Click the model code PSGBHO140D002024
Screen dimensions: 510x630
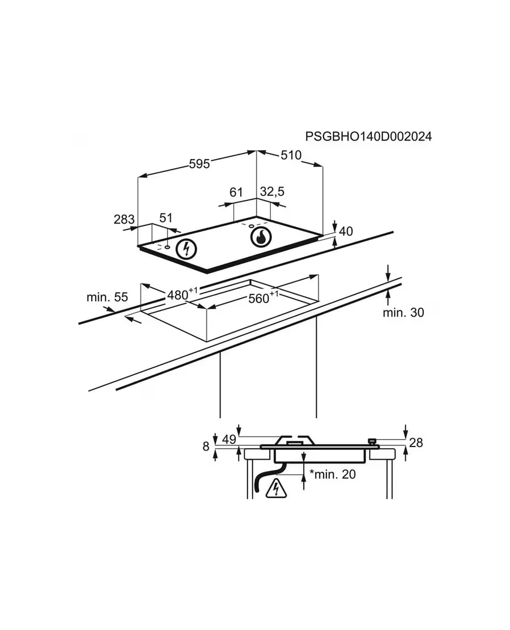point(368,137)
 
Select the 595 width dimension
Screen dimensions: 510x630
point(199,164)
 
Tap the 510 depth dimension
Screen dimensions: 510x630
point(291,155)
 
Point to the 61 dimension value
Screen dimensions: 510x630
point(236,193)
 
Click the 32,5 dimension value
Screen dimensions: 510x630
point(272,191)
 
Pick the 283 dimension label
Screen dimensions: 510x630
point(124,219)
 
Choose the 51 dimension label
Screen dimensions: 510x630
point(165,218)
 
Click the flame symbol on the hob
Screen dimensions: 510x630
point(261,237)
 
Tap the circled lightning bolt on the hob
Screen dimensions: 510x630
point(186,249)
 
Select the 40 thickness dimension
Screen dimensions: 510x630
point(346,231)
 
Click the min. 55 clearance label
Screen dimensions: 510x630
point(107,297)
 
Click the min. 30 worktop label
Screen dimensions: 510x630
point(403,313)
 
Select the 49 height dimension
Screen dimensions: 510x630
point(229,440)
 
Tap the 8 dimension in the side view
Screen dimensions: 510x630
point(206,446)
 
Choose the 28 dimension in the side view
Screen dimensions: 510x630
point(416,443)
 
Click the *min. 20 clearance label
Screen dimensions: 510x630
point(333,475)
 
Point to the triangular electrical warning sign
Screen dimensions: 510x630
point(276,488)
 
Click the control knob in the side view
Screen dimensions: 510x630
point(373,442)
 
